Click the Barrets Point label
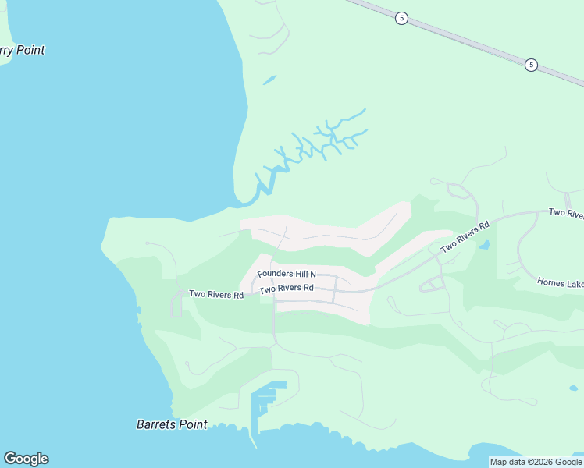[172, 424]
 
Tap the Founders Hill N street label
[287, 274]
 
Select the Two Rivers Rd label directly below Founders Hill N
[287, 289]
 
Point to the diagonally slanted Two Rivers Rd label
[465, 236]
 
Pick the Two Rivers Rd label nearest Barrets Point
[216, 294]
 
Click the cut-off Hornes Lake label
[561, 282]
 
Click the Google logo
[26, 459]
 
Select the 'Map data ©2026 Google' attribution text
[536, 462]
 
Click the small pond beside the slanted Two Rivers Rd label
[485, 244]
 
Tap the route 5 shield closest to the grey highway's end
[531, 65]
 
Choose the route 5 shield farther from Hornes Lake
[401, 18]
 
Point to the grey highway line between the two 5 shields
[467, 41]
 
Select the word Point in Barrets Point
[191, 424]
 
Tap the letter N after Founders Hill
[312, 274]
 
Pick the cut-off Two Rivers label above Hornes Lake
[566, 212]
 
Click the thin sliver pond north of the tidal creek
[269, 80]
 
